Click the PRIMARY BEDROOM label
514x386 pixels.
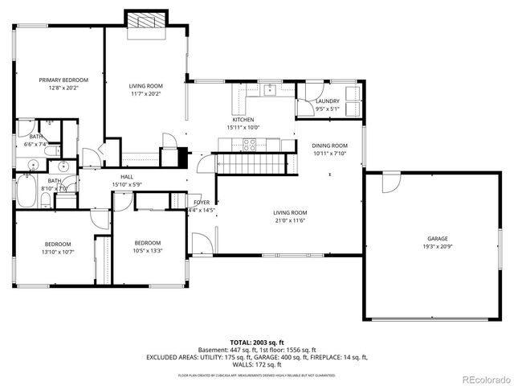(x=63, y=80)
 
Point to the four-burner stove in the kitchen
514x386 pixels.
(x=250, y=145)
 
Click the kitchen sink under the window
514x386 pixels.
(x=269, y=89)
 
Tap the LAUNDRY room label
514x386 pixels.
(x=327, y=101)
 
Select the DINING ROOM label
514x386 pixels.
(x=328, y=146)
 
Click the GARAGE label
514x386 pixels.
(x=437, y=239)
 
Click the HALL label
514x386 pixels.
(x=127, y=177)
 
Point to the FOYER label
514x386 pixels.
(x=201, y=203)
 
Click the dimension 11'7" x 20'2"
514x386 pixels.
(x=146, y=93)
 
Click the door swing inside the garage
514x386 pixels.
(x=390, y=182)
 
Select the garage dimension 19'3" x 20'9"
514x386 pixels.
(x=437, y=247)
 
